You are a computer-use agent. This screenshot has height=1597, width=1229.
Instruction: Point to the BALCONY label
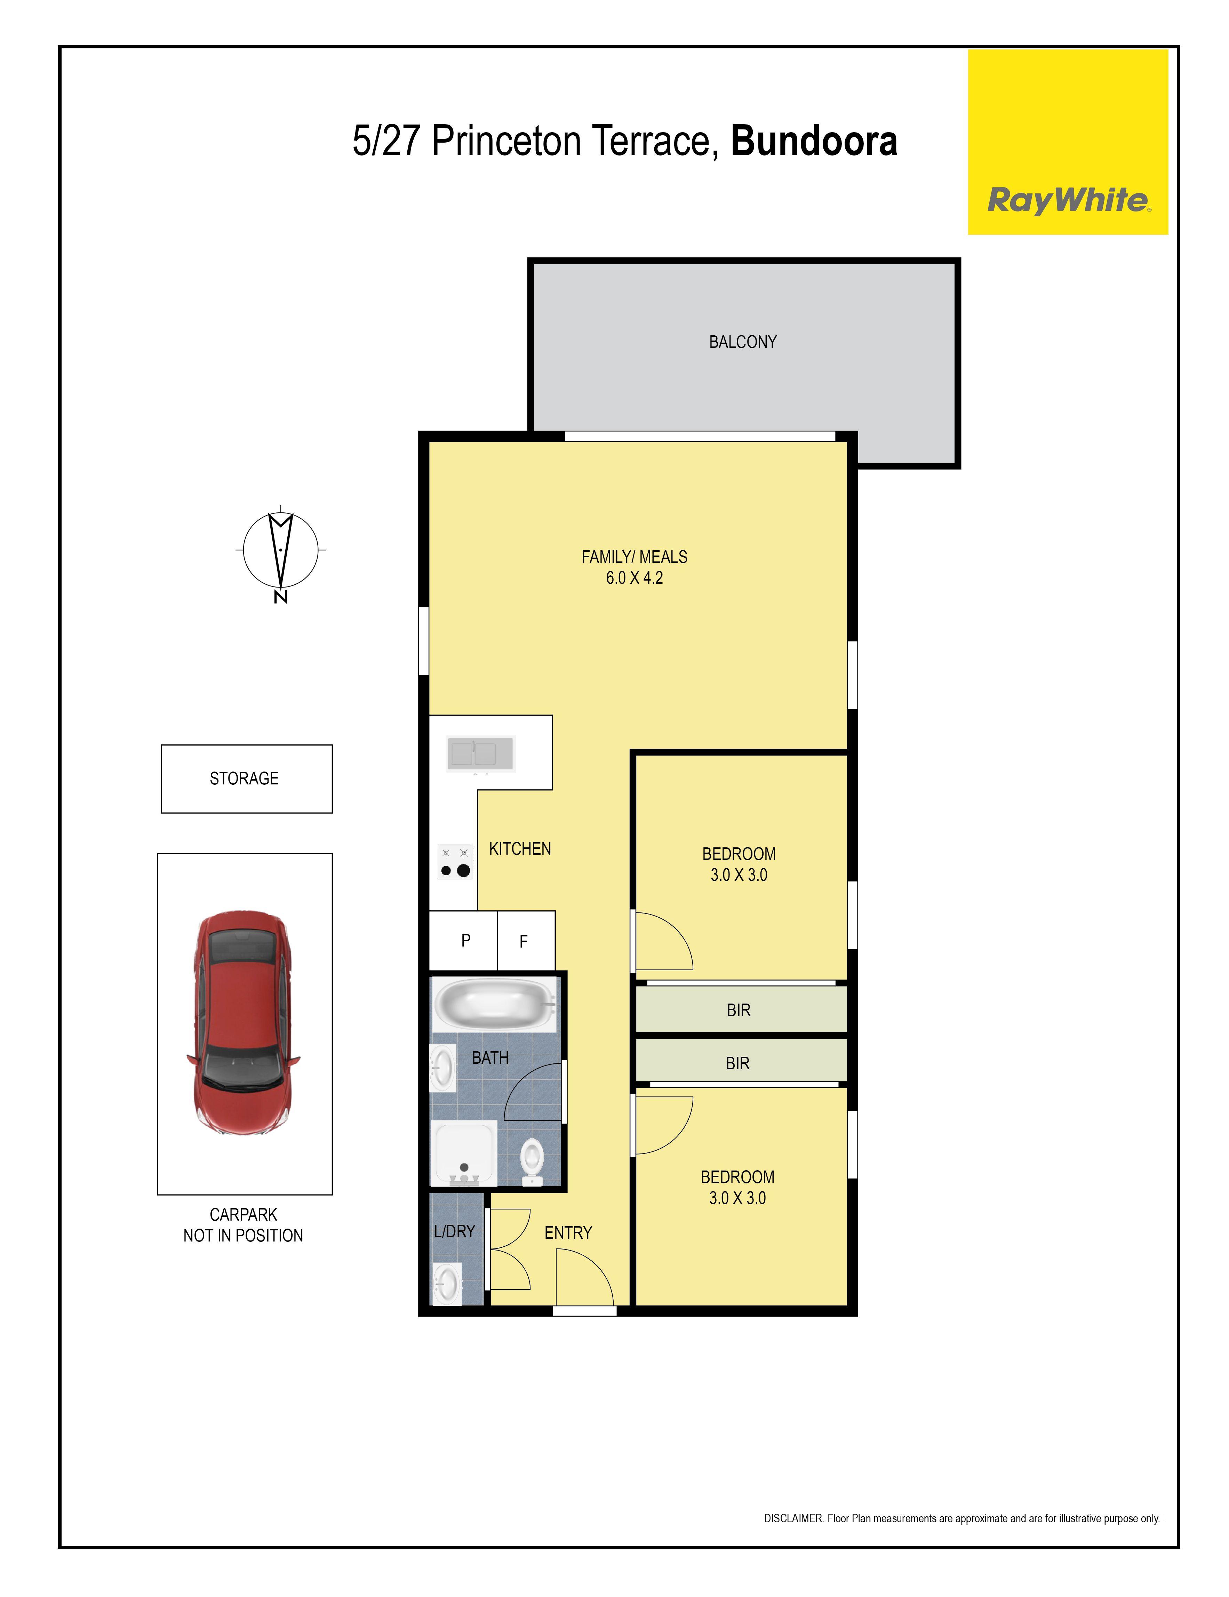(742, 342)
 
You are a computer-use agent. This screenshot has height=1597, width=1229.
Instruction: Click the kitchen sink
(480, 754)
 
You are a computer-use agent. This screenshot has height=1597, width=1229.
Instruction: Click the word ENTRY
(568, 1233)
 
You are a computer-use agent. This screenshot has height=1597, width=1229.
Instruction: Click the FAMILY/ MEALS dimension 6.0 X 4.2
(634, 578)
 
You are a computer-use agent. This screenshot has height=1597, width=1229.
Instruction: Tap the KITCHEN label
(520, 849)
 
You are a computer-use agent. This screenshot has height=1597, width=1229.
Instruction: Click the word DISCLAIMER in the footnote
(793, 1518)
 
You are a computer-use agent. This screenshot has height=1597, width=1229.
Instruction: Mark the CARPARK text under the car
(244, 1215)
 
